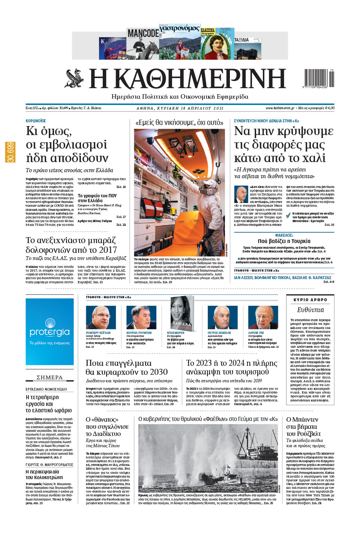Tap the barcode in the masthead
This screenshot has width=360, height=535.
(317, 78)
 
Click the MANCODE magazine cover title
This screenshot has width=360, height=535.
(143, 33)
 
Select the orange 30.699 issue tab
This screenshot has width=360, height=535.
(10, 152)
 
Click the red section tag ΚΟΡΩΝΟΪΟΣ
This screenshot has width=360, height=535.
(36, 121)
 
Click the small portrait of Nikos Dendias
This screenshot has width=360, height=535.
(241, 194)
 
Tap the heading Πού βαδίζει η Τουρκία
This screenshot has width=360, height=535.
(284, 241)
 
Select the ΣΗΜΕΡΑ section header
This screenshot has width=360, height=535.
(49, 377)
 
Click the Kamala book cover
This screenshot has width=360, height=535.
(182, 312)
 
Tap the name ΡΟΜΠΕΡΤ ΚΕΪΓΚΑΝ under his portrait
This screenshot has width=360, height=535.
(98, 333)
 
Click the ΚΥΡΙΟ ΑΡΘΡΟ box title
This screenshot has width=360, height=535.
(310, 300)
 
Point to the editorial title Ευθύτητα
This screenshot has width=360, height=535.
(310, 310)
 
